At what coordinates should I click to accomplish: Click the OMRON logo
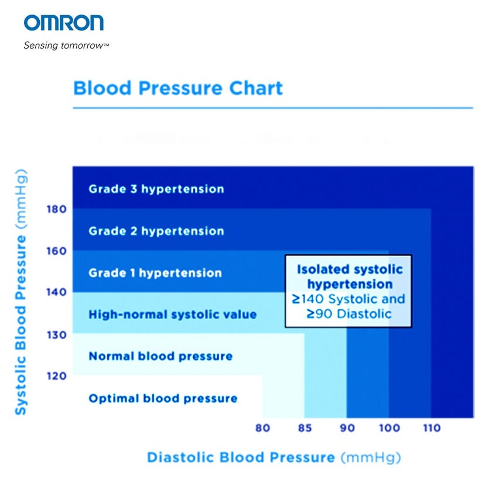pos(64,23)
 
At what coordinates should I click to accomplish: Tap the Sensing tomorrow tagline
pos(66,46)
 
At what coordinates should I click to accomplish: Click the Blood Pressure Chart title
pos(177,88)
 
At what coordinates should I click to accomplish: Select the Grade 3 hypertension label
pos(156,189)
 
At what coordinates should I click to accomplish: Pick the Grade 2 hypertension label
pos(156,231)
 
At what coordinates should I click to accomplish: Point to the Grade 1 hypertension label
pos(155,273)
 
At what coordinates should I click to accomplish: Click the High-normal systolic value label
pos(172,315)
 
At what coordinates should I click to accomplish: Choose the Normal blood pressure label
pos(160,356)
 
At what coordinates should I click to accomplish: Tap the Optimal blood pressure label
pos(163,399)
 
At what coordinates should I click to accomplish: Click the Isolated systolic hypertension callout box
pos(348,291)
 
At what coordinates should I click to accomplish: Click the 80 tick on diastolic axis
pos(263,428)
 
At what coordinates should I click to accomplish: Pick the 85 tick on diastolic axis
pos(305,428)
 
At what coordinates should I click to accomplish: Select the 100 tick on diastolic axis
pos(389,428)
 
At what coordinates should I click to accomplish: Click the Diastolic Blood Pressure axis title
pos(273,457)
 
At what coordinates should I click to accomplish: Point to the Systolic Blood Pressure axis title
pos(20,291)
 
